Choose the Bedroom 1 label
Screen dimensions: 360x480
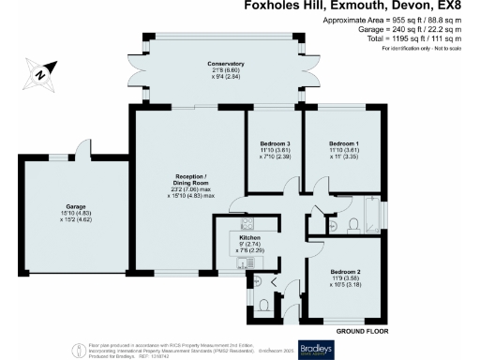tap(342, 147)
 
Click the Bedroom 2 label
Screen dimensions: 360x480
tap(343, 274)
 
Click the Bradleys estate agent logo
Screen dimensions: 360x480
tap(315, 347)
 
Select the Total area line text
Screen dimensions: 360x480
tap(406, 40)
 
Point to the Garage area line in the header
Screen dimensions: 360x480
tap(406, 31)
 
